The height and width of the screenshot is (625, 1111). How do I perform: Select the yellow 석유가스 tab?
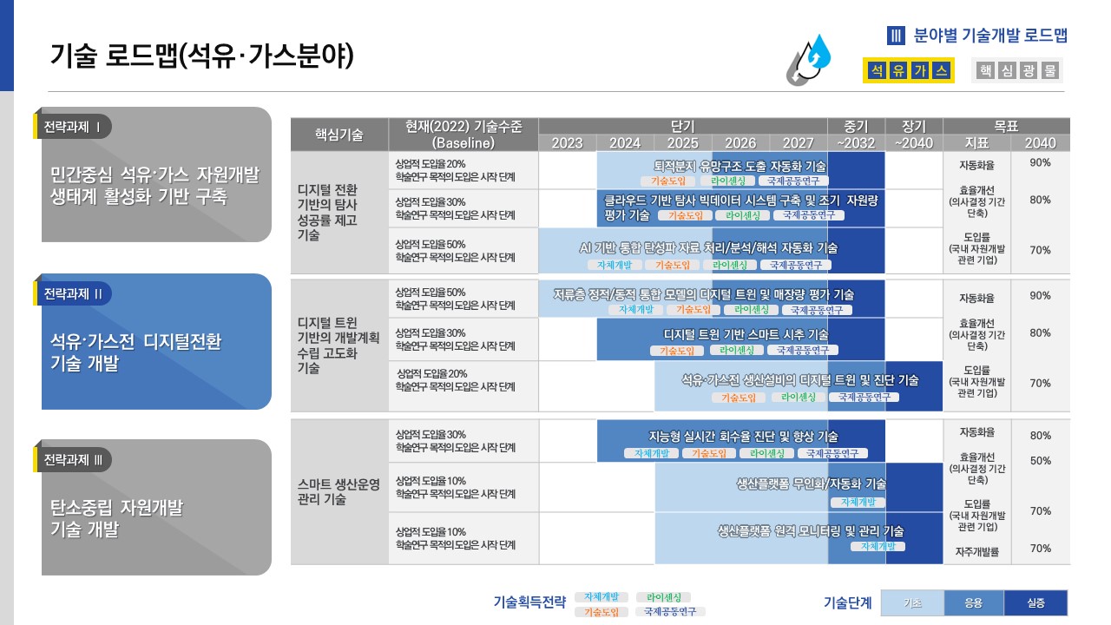point(908,71)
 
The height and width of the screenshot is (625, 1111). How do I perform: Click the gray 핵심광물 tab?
point(1017,71)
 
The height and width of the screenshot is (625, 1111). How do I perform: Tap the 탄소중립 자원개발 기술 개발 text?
point(116,517)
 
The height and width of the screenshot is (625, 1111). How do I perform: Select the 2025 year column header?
point(682,143)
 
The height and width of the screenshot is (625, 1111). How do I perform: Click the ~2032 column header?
point(856,143)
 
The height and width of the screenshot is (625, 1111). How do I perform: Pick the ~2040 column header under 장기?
point(913,143)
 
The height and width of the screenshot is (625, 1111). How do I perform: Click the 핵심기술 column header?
point(339,135)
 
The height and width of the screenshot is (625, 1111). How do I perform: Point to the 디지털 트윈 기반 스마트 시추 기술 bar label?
point(746,334)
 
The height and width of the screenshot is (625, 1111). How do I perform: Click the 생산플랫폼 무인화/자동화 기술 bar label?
point(811,484)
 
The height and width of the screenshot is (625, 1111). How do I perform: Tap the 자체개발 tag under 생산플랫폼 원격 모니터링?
point(878,546)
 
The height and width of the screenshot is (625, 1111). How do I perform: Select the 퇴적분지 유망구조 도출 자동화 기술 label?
point(739,166)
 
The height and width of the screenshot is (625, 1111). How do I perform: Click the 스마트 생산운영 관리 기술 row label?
point(339,492)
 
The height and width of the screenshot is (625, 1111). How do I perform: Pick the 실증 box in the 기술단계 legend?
point(1035,603)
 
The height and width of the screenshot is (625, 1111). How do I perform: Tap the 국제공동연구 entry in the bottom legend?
point(670,612)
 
